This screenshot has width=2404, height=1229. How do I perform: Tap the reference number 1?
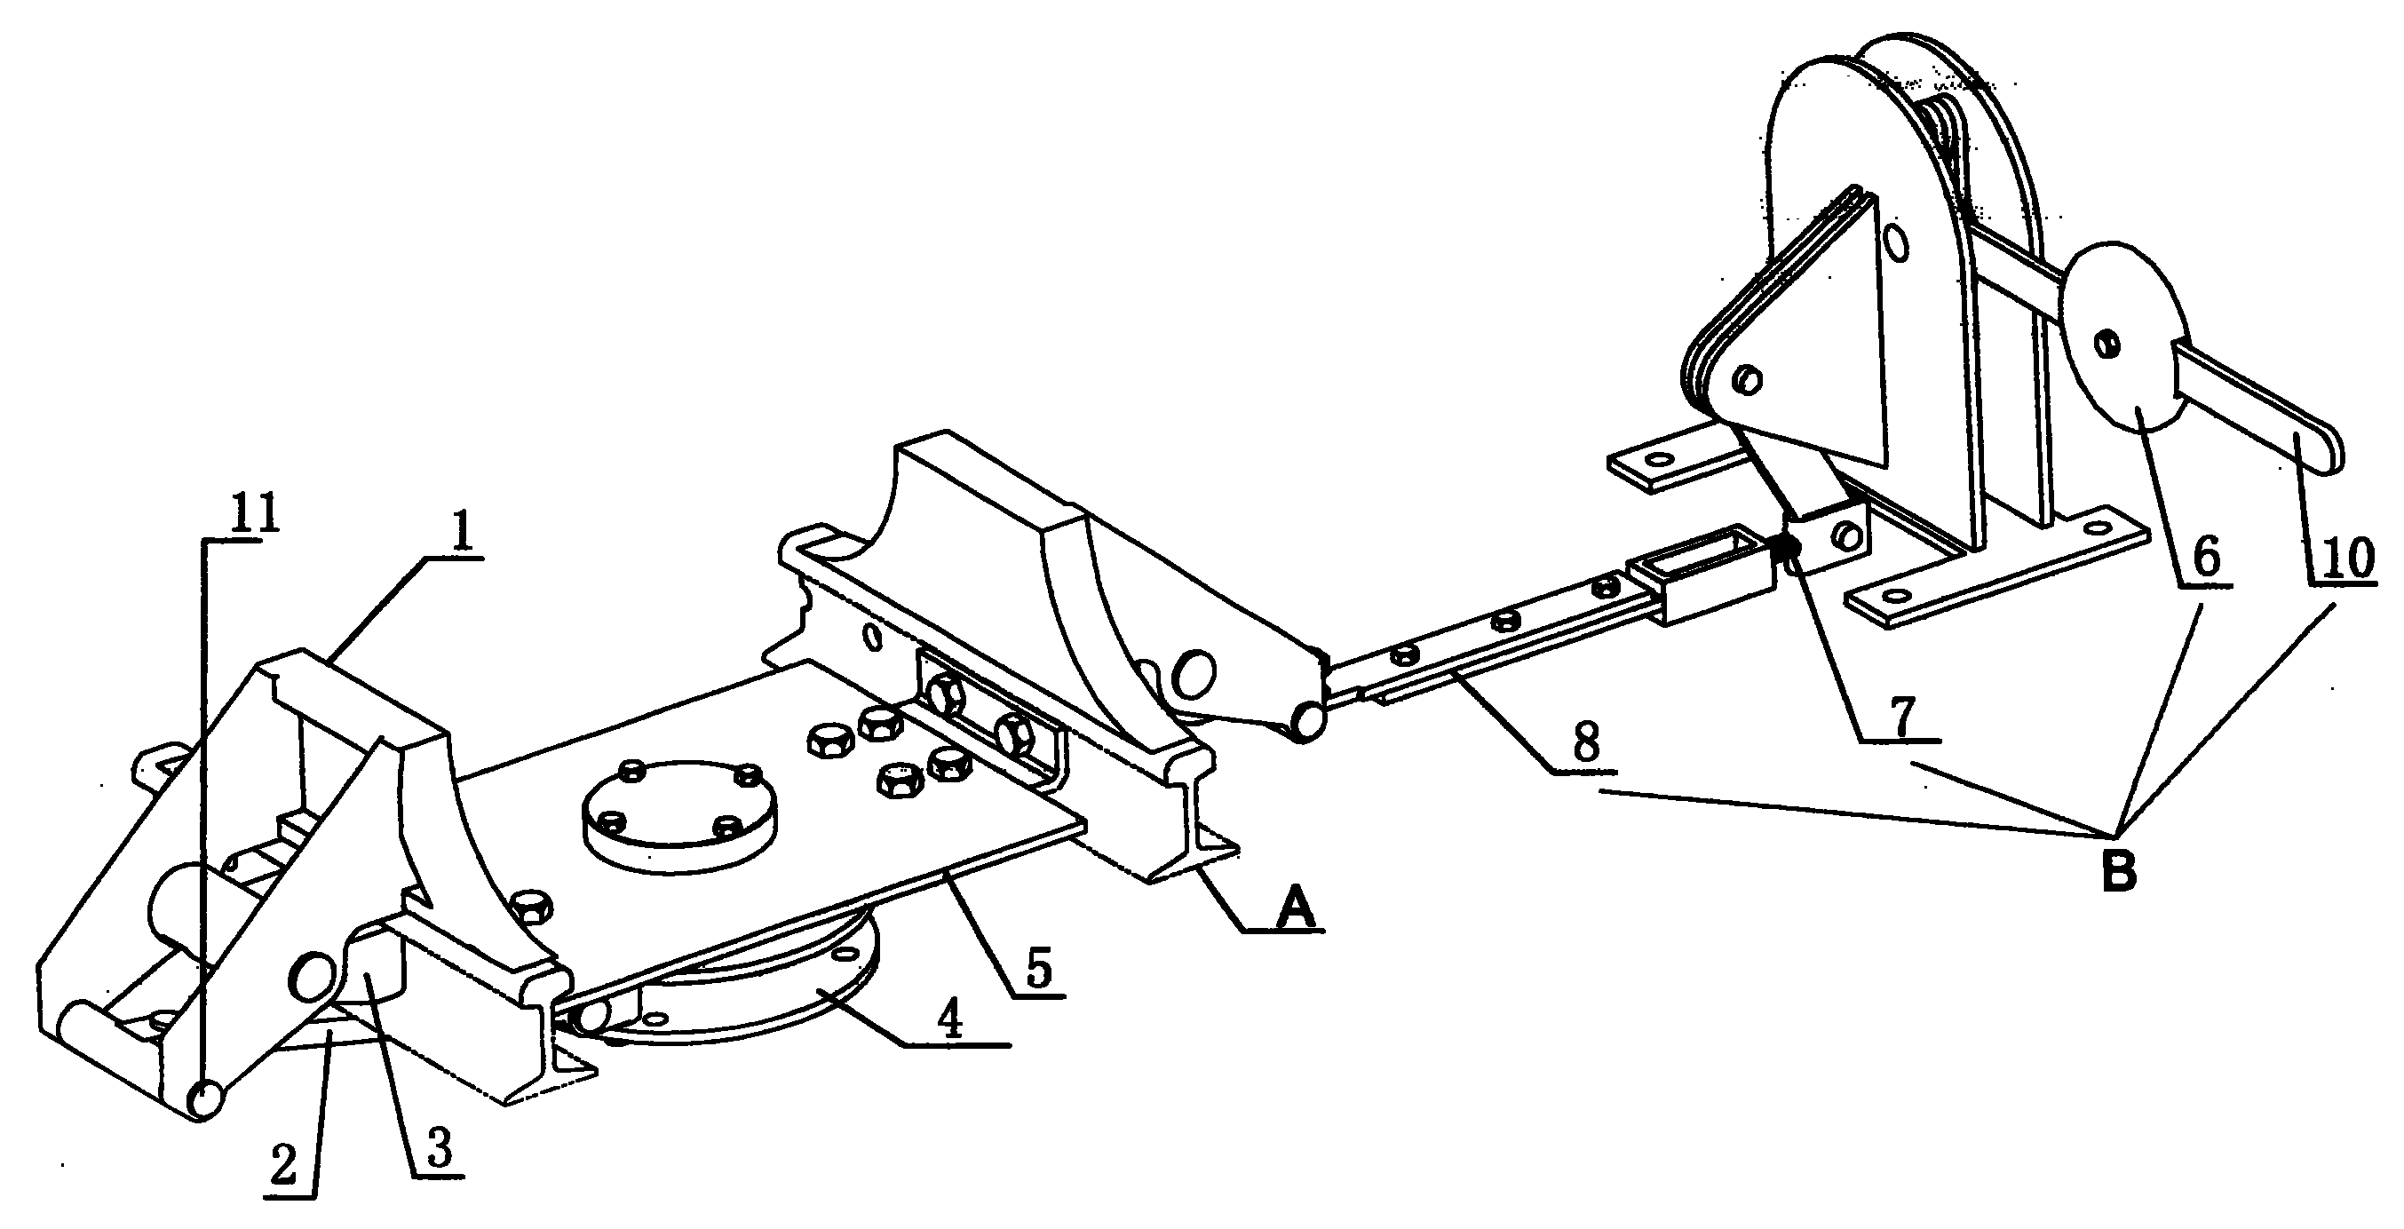pyautogui.click(x=460, y=533)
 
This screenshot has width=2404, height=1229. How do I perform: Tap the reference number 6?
pyautogui.click(x=2205, y=556)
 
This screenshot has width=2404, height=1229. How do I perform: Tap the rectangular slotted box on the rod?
pyautogui.click(x=1701, y=575)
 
